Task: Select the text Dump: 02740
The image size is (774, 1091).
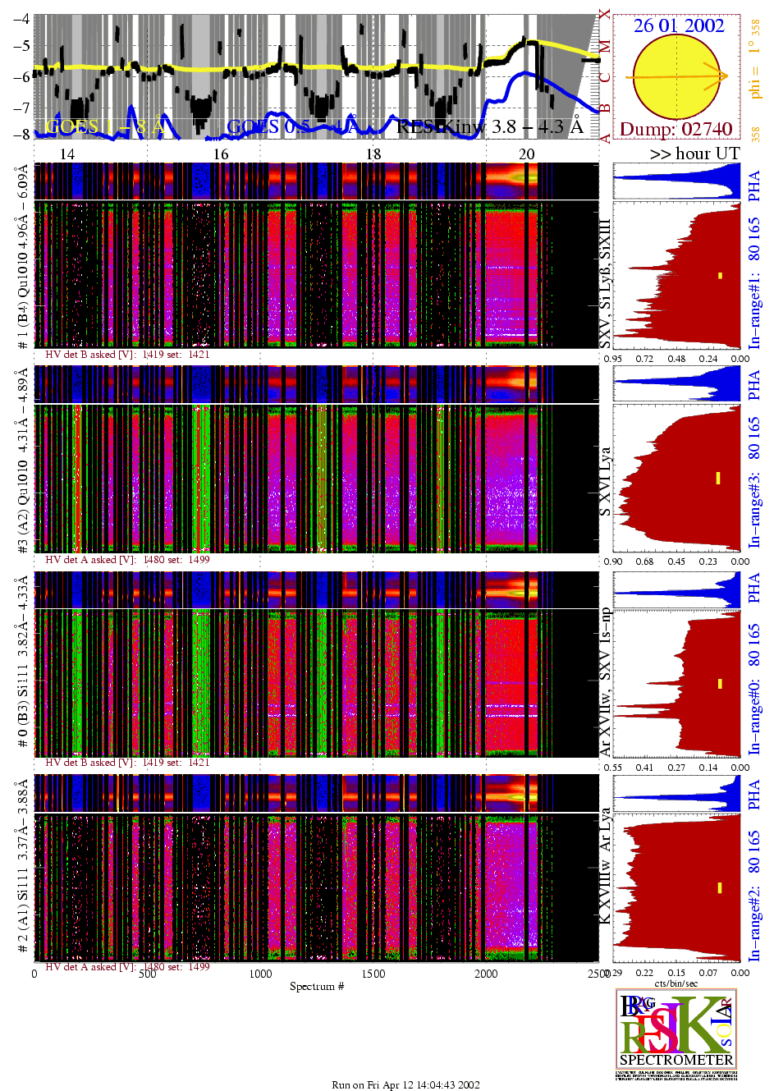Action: click(x=676, y=129)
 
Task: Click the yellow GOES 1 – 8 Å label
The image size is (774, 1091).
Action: click(x=104, y=126)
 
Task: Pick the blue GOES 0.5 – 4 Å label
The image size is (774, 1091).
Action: click(x=292, y=126)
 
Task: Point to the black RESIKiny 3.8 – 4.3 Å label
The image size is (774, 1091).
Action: click(x=489, y=126)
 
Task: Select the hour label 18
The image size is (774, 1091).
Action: click(x=373, y=154)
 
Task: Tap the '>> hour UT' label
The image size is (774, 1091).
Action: click(x=694, y=154)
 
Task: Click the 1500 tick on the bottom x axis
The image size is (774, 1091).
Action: click(x=373, y=974)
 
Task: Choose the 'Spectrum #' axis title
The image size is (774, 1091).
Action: click(x=317, y=986)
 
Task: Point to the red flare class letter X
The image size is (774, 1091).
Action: click(x=605, y=15)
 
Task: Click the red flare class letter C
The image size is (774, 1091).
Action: click(x=605, y=78)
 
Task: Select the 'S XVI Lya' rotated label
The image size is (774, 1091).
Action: click(x=605, y=482)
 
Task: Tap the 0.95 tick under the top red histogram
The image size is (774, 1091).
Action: click(x=612, y=359)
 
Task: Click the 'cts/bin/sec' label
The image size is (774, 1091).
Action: click(x=676, y=983)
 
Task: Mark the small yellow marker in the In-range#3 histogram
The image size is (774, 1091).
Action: click(x=717, y=478)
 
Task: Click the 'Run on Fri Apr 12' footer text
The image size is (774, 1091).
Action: click(x=405, y=1084)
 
